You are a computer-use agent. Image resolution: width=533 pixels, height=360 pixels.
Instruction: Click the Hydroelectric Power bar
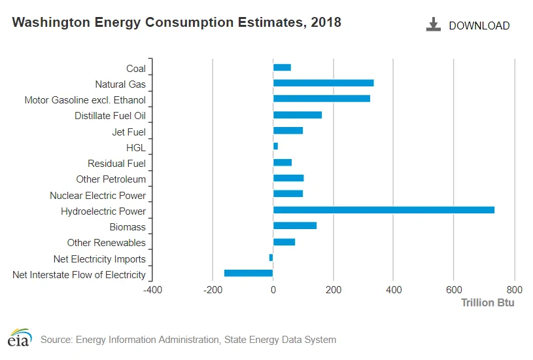pyautogui.click(x=384, y=210)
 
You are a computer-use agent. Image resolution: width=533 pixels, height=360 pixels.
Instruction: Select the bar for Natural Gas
pyautogui.click(x=324, y=83)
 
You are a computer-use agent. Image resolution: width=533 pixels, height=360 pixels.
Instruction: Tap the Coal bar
pyautogui.click(x=282, y=67)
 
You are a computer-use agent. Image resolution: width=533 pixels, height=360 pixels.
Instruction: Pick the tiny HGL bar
pyautogui.click(x=276, y=147)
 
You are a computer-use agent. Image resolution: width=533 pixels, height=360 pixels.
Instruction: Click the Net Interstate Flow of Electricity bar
pyautogui.click(x=249, y=273)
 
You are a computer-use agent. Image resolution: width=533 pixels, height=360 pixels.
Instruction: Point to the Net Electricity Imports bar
pyautogui.click(x=271, y=258)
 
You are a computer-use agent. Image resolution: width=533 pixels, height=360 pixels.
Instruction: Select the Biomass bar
pyautogui.click(x=295, y=226)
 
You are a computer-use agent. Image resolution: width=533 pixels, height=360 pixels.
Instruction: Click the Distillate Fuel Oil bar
pyautogui.click(x=298, y=115)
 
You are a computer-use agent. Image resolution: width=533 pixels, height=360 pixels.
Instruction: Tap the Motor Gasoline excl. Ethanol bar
pyautogui.click(x=322, y=99)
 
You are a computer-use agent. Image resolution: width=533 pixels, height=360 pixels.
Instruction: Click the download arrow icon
pyautogui.click(x=434, y=24)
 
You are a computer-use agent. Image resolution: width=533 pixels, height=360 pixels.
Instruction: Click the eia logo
pyautogui.click(x=20, y=338)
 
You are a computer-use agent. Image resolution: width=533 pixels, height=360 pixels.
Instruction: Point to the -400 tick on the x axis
pyautogui.click(x=152, y=290)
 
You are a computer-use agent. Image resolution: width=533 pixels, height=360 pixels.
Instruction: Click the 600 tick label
pyautogui.click(x=454, y=290)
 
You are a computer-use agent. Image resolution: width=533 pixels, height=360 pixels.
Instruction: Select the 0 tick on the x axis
pyautogui.click(x=273, y=290)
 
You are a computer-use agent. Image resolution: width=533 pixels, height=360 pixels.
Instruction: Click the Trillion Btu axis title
pyautogui.click(x=487, y=303)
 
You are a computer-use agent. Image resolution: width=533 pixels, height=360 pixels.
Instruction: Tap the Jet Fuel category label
pyautogui.click(x=129, y=132)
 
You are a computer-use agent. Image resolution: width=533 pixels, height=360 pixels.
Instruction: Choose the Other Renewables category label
pyautogui.click(x=107, y=243)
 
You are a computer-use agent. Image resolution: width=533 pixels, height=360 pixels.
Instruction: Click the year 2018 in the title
pyautogui.click(x=326, y=22)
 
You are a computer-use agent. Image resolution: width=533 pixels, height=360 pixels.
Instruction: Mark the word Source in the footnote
pyautogui.click(x=56, y=340)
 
